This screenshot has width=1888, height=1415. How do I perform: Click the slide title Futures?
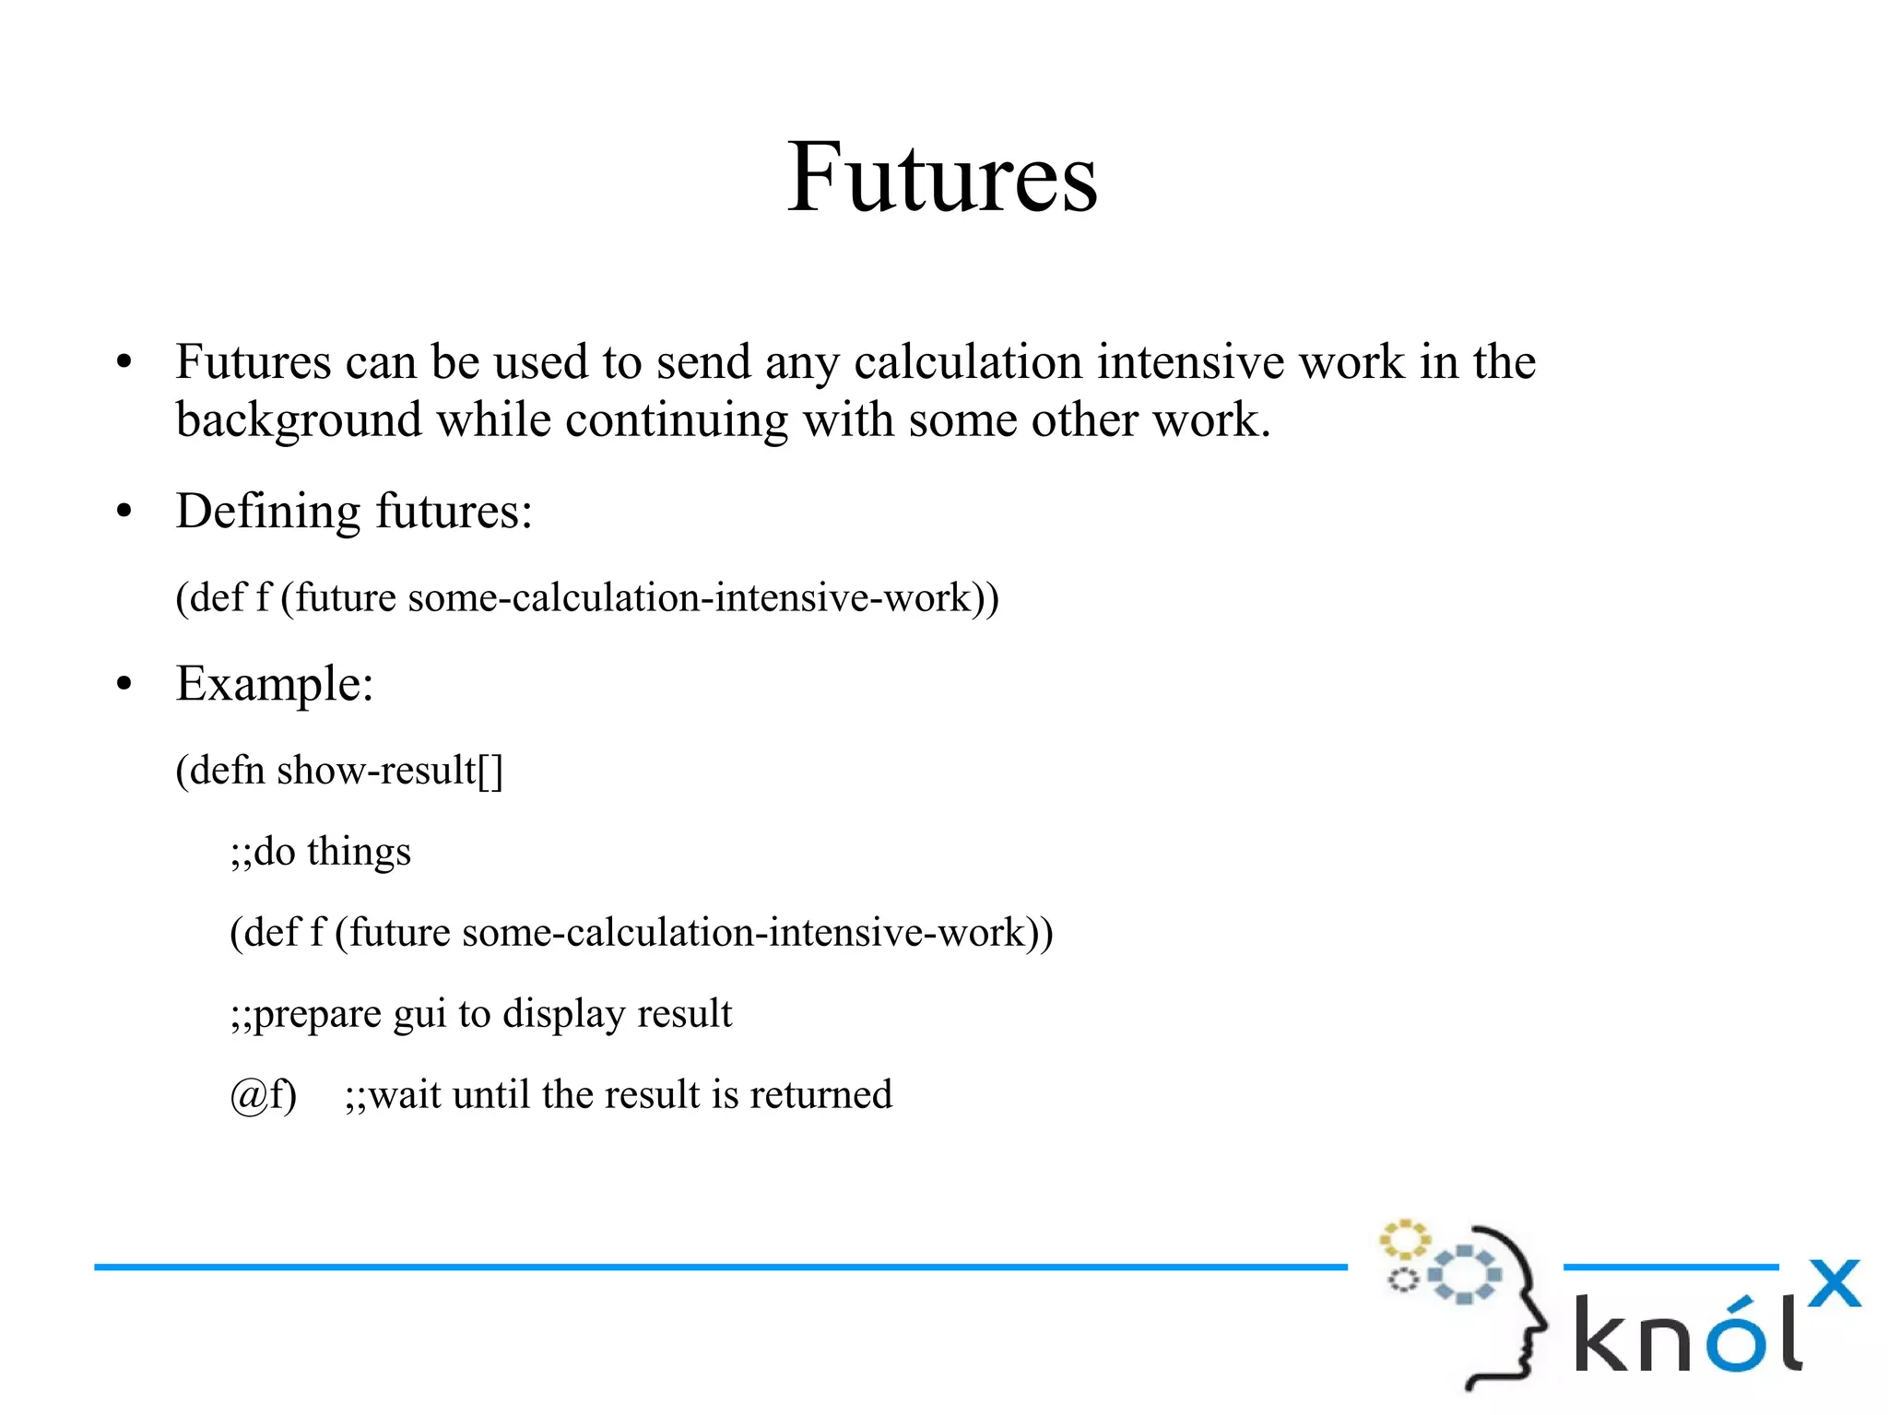[x=941, y=177]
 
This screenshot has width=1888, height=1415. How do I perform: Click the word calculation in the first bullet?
[x=967, y=361]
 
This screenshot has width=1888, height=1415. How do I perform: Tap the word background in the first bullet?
[x=299, y=420]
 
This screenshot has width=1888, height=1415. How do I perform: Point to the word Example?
[x=275, y=684]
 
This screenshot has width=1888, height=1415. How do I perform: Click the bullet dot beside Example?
[x=124, y=685]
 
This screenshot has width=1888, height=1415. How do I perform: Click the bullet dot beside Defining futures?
[x=124, y=512]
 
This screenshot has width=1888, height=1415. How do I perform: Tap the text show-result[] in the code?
[x=390, y=771]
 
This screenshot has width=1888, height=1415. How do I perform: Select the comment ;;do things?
[x=320, y=852]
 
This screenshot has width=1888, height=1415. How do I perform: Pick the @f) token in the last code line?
[x=263, y=1095]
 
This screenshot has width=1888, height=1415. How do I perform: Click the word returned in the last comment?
[x=820, y=1095]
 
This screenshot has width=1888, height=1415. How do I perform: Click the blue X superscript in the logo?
[x=1834, y=1284]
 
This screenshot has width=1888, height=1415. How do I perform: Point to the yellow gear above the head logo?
[x=1404, y=1240]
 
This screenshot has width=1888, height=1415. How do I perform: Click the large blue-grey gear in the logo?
[x=1464, y=1275]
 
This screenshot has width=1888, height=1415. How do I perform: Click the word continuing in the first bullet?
[x=676, y=420]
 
